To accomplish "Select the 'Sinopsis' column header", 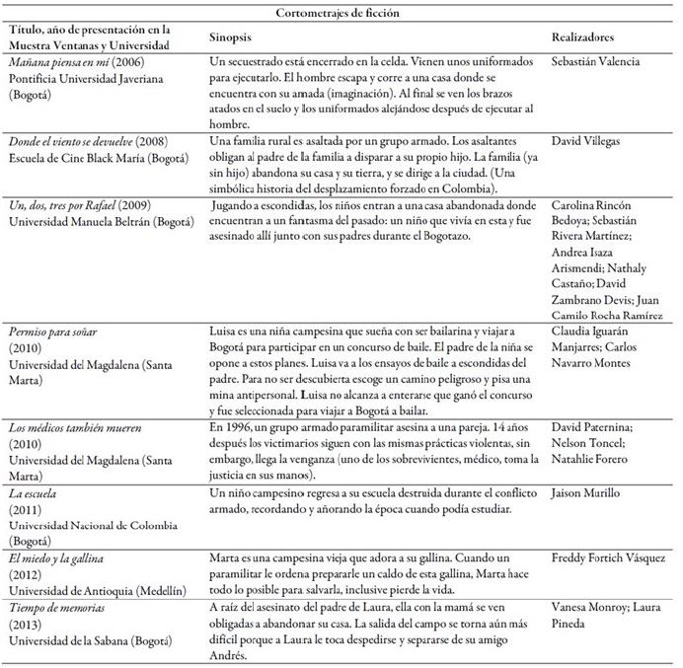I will (x=233, y=36).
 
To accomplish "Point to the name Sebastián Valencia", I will (x=602, y=61).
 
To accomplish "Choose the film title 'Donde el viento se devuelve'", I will (x=75, y=141).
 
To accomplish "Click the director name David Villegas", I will (x=593, y=141).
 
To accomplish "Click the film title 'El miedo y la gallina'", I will (x=61, y=557).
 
